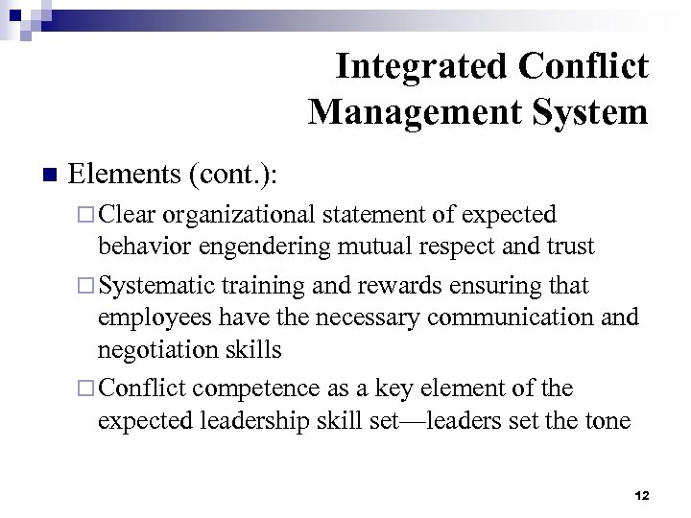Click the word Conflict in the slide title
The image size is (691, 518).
583,66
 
